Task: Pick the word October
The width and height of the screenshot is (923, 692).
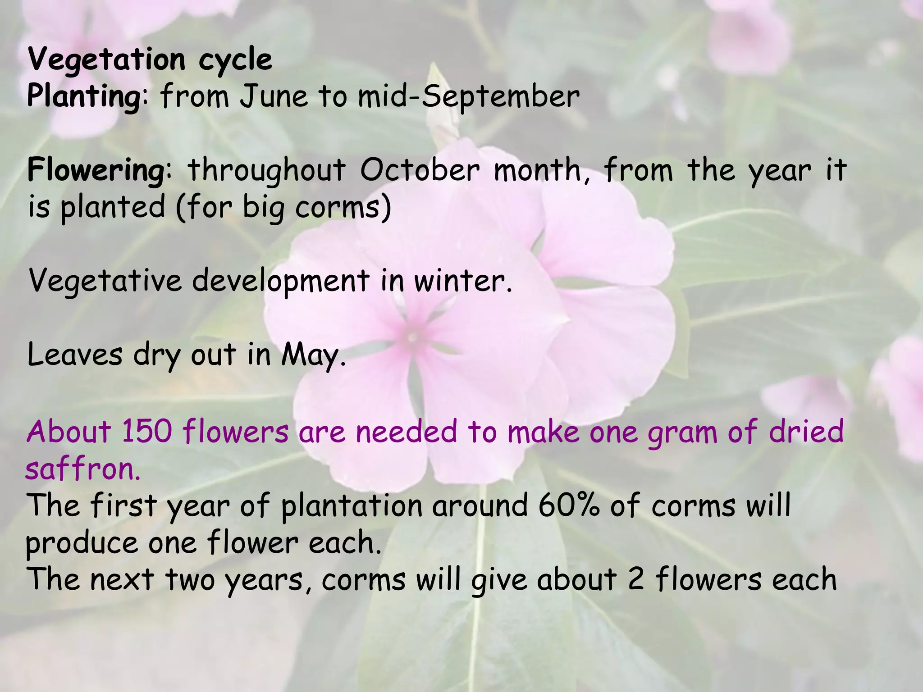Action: click(420, 170)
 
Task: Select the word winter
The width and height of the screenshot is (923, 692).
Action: click(463, 281)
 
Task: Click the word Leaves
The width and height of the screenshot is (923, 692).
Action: click(75, 355)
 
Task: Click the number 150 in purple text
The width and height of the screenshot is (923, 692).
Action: click(147, 431)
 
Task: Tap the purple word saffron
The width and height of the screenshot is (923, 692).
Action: click(83, 469)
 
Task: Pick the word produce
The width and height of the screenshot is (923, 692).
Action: click(82, 543)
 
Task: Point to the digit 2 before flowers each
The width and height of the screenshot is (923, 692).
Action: click(635, 579)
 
